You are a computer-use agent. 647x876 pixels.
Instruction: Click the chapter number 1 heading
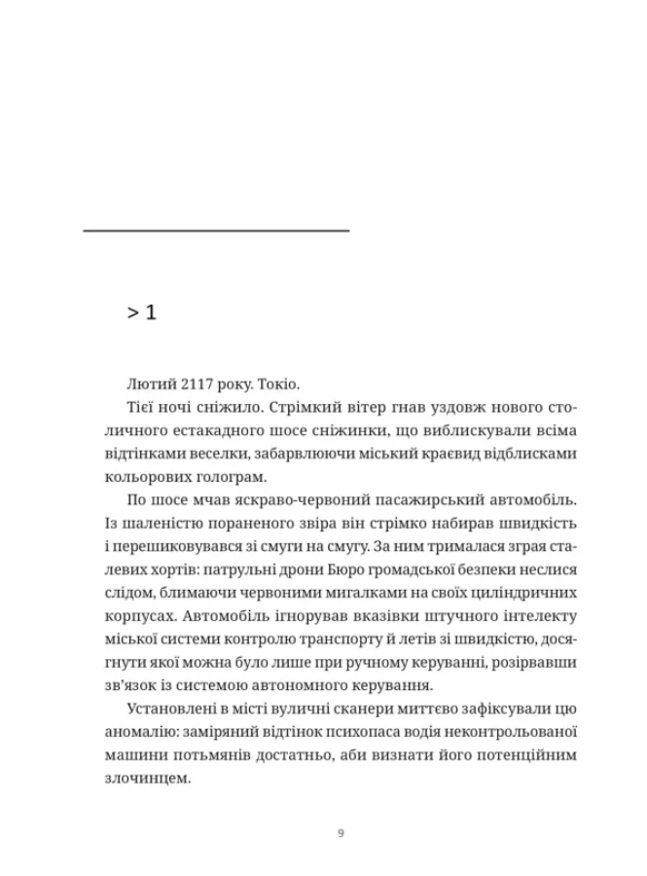pos(142,312)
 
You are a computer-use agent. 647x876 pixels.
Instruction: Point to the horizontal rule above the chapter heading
pos(216,231)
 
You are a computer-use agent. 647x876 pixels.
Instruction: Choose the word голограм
pos(258,477)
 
